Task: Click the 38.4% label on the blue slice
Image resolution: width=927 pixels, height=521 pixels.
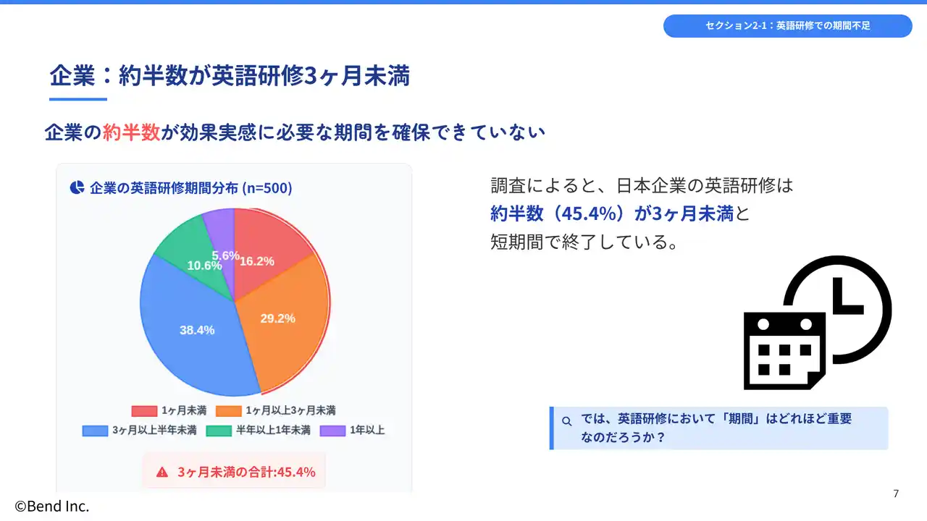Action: (x=197, y=330)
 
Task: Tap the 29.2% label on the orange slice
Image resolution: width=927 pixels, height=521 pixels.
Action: (x=277, y=318)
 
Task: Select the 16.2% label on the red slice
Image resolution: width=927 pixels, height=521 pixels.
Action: (x=257, y=261)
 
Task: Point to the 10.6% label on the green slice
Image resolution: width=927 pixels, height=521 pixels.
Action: (x=204, y=266)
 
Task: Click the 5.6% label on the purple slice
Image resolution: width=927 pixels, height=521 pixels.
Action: (x=225, y=255)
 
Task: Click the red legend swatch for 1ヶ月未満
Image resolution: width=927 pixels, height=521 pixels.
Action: (x=144, y=410)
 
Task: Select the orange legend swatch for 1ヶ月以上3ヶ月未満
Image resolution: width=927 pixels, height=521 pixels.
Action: (x=228, y=410)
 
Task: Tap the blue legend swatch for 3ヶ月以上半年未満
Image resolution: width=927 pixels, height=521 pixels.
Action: (x=95, y=431)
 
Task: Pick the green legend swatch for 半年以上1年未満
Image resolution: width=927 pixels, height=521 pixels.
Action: (x=219, y=431)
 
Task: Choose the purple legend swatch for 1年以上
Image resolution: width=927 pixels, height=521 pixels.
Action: (x=332, y=431)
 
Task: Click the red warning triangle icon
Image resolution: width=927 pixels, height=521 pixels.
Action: (x=162, y=473)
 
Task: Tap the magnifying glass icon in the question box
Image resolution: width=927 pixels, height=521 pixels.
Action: (x=567, y=421)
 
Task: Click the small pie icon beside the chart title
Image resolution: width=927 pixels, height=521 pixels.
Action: (x=77, y=187)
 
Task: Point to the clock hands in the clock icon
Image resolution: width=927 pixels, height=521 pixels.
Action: (x=847, y=297)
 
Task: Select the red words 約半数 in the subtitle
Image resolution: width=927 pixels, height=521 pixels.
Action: (x=131, y=132)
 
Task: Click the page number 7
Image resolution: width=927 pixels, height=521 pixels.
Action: (x=896, y=494)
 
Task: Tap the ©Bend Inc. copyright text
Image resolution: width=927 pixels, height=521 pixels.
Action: (x=51, y=506)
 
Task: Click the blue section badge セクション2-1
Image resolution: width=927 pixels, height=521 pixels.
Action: (x=787, y=25)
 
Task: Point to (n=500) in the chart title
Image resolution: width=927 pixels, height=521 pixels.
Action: (x=267, y=188)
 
